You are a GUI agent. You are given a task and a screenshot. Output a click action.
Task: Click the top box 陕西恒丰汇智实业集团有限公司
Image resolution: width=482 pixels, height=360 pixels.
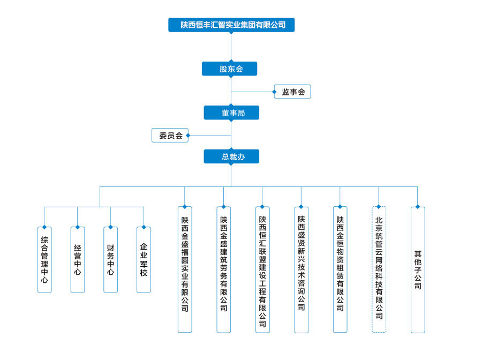[231, 25]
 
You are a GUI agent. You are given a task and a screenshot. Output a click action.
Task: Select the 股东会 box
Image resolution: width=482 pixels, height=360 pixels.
[229, 69]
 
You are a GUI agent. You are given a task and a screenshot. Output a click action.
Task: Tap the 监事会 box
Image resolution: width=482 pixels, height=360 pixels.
[292, 92]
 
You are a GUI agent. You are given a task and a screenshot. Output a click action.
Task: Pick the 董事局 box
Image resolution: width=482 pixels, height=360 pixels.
[231, 112]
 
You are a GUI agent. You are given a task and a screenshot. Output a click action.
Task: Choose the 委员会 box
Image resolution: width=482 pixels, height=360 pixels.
[170, 136]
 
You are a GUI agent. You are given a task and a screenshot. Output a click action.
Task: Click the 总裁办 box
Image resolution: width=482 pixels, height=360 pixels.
[231, 156]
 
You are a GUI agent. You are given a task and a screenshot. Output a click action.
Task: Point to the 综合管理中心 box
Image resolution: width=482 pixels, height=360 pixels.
[44, 260]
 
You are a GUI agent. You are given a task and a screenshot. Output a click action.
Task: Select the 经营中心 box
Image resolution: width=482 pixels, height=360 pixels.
[78, 260]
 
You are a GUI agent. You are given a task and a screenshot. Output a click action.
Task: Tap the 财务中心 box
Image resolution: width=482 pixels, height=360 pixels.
[111, 260]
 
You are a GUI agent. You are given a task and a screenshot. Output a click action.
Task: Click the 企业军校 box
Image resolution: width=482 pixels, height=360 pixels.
[144, 260]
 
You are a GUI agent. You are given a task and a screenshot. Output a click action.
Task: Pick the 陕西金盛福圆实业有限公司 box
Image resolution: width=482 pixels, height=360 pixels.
[185, 269]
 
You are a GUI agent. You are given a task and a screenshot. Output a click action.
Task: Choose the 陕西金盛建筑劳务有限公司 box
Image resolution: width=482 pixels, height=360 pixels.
[223, 269]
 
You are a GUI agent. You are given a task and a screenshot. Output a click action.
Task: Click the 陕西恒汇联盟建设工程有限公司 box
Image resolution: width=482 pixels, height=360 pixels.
[262, 269]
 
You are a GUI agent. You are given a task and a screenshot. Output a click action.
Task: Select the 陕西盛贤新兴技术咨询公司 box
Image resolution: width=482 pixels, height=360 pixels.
[301, 269]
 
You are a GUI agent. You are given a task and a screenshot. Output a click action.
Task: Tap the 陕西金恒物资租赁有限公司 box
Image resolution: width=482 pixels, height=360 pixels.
[340, 269]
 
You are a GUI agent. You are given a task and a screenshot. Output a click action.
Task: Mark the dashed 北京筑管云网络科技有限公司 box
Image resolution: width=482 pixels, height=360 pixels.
[379, 269]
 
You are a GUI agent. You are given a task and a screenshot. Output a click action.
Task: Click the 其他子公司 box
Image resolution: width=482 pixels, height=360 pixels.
[418, 269]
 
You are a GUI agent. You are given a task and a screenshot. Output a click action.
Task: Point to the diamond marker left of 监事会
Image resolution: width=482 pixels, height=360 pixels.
[274, 92]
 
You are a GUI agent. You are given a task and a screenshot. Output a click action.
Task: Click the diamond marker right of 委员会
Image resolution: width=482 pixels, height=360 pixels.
[188, 136]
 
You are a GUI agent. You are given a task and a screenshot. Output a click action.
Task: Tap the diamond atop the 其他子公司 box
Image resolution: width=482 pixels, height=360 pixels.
[417, 207]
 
